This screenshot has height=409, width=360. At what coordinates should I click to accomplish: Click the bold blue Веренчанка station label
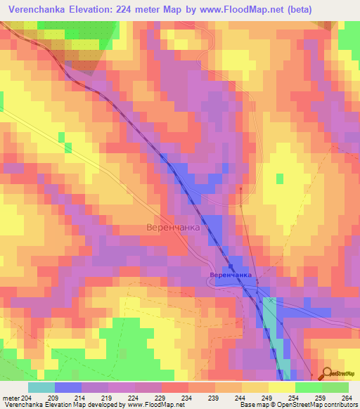click(x=230, y=274)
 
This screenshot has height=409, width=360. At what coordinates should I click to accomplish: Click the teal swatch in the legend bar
click(x=41, y=387)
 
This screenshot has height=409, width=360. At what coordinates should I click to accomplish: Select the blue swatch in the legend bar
click(x=67, y=387)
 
